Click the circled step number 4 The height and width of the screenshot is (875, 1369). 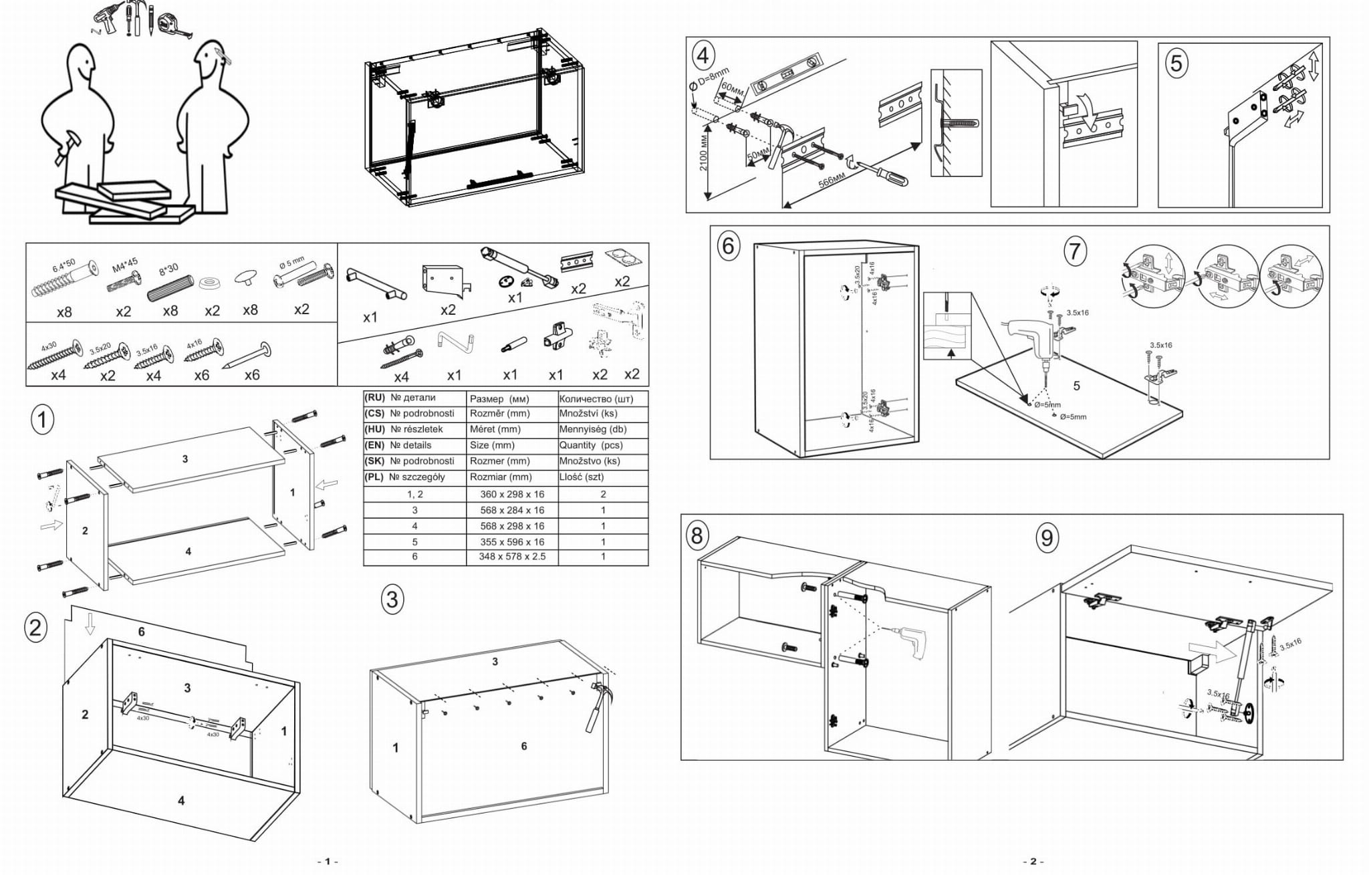(702, 55)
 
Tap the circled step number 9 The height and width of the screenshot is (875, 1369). (1047, 537)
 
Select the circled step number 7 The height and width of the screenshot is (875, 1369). (1075, 251)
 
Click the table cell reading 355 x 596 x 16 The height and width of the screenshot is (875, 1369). (512, 542)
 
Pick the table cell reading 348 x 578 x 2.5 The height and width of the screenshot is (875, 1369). (512, 557)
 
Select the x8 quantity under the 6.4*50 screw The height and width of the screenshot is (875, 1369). (64, 312)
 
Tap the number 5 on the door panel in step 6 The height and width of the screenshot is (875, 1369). (1076, 386)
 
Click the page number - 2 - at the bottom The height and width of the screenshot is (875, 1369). (1033, 862)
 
